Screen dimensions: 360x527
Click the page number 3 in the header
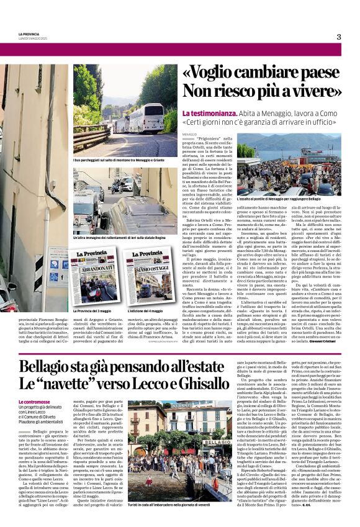pyautogui.click(x=339, y=37)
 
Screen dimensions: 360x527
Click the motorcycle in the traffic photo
pyautogui.click(x=124, y=185)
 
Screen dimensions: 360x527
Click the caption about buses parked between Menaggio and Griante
pyautogui.click(x=118, y=161)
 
